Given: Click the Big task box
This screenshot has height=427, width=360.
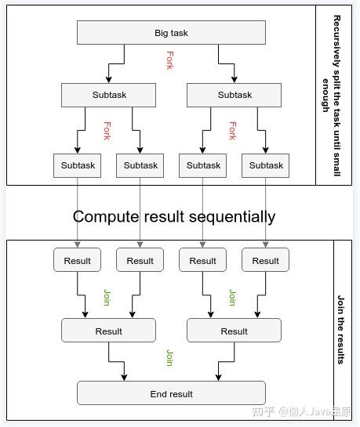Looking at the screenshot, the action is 171,32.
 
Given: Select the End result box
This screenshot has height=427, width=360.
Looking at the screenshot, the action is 171,393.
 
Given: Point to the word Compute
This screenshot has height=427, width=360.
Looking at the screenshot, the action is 106,217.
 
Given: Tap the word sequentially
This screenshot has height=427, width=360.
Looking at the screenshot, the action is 232,217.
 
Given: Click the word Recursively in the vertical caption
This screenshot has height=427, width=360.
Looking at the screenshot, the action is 336,42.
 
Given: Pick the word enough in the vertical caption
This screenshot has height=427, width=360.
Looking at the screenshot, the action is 325,96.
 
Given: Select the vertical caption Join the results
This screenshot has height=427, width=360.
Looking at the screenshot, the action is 340,330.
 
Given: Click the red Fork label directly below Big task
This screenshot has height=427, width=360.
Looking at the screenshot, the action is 169,60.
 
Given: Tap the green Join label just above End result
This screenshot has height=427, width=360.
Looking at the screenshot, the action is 169,357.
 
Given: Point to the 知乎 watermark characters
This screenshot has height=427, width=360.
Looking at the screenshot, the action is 263,411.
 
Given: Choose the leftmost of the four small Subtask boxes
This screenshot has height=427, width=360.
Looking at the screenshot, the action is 77,165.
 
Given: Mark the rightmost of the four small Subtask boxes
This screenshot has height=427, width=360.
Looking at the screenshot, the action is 265,165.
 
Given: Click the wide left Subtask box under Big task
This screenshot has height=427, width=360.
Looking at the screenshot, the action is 108,95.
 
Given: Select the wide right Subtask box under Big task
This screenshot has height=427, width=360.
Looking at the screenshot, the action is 234,95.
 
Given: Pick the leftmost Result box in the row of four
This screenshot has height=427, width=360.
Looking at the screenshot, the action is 77,260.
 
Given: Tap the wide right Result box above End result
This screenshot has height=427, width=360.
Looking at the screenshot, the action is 234,331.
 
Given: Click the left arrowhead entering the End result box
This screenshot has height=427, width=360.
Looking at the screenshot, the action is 124,378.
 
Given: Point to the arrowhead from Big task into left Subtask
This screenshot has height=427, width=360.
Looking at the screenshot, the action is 109,80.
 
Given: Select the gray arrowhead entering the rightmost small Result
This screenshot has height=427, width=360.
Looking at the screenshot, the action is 266,244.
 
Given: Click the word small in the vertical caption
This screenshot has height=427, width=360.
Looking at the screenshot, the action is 336,165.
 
